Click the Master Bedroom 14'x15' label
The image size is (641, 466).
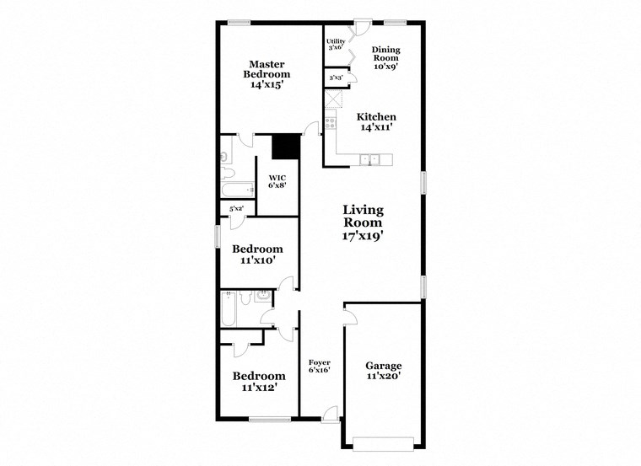click(267, 74)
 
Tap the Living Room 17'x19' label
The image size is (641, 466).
click(363, 223)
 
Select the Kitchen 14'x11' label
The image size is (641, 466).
click(376, 122)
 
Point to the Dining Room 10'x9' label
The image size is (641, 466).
click(385, 57)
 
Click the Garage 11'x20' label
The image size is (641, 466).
click(383, 372)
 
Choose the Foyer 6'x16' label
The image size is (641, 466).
click(319, 365)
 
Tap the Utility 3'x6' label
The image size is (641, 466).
click(335, 44)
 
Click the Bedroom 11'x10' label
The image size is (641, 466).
click(257, 255)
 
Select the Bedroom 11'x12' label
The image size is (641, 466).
click(257, 382)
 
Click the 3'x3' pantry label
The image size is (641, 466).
click(335, 78)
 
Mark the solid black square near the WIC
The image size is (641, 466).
click(287, 147)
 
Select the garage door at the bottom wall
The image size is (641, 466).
click(383, 440)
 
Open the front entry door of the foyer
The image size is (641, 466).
click(330, 415)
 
